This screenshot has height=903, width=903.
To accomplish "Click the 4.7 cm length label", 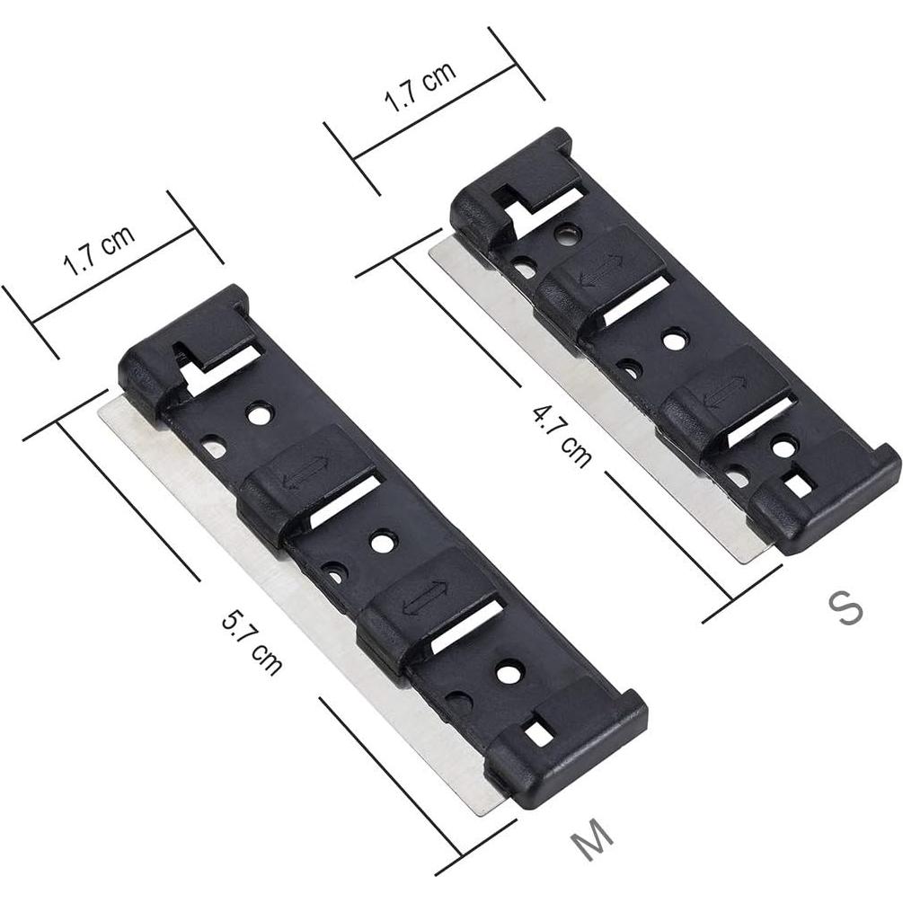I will click(x=562, y=436).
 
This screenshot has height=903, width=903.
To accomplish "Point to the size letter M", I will click(x=593, y=840).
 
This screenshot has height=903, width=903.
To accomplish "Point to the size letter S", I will click(x=845, y=608).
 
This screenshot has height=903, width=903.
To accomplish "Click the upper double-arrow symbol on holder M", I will click(x=305, y=473).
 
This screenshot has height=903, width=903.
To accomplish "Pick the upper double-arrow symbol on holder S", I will click(x=601, y=270).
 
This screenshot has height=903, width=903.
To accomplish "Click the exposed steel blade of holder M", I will click(x=270, y=575).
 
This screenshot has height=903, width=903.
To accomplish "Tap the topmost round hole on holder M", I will click(x=259, y=414).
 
